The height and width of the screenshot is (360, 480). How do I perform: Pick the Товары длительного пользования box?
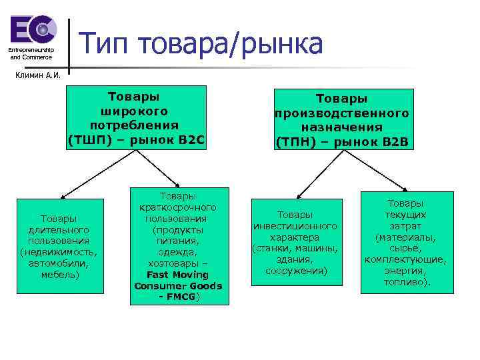tap(59, 245)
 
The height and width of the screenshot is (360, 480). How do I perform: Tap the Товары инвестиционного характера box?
tap(295, 243)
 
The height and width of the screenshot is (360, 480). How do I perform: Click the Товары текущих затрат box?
tap(406, 243)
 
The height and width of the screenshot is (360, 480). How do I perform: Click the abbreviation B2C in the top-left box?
tap(189, 141)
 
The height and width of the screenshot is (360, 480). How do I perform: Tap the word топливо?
tap(406, 282)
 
